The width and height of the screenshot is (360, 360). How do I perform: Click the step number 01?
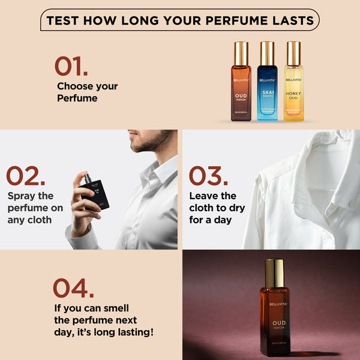pyautogui.click(x=70, y=66)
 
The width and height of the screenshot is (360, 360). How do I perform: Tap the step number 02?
pyautogui.click(x=25, y=176)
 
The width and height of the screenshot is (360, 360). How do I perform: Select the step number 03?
pyautogui.click(x=208, y=176)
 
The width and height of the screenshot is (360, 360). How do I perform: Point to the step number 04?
pyautogui.click(x=73, y=288)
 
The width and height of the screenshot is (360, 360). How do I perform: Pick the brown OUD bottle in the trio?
pyautogui.click(x=241, y=84)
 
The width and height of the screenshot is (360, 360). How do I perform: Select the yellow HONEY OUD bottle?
pyautogui.click(x=293, y=84)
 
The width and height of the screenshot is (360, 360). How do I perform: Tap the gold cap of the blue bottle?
pyautogui.click(x=268, y=53)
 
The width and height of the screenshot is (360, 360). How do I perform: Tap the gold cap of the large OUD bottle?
pyautogui.click(x=275, y=273)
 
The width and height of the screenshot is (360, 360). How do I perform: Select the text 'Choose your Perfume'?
pyautogui.click(x=87, y=92)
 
